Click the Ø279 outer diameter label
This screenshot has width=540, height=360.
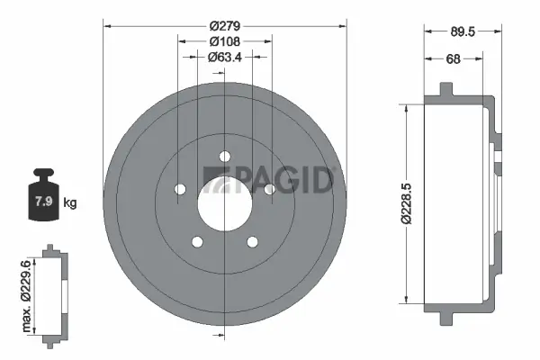click(222, 24)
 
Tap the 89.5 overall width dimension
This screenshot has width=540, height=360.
click(462, 31)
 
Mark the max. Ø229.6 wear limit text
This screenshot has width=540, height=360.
click(26, 292)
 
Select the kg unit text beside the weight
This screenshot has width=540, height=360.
click(70, 202)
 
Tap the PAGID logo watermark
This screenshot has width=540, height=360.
click(268, 179)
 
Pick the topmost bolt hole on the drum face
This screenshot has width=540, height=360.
click(223, 155)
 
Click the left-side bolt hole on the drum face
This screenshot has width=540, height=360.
click(179, 188)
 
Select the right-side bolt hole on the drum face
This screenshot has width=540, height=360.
click(268, 188)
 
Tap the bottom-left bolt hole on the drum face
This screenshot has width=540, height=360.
click(195, 240)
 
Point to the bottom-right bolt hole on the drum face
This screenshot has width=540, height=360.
click(251, 240)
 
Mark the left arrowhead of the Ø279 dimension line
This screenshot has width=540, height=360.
click(109, 24)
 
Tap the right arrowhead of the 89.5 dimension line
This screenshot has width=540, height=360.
click(497, 31)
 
